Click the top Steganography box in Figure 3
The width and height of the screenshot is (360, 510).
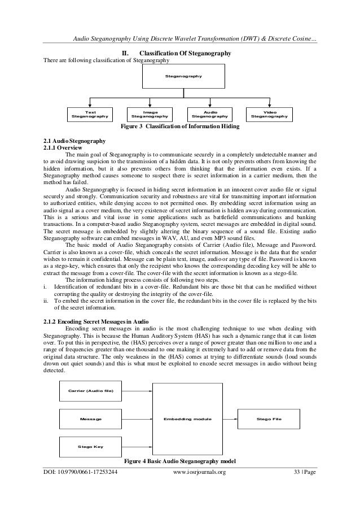[179, 76]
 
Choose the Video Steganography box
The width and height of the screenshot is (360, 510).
[270, 115]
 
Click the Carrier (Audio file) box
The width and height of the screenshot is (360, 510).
[90, 391]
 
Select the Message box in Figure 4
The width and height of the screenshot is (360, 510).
[90, 419]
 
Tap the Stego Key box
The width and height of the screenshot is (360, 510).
[90, 446]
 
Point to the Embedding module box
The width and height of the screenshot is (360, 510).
[187, 419]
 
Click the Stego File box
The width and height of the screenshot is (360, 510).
[269, 419]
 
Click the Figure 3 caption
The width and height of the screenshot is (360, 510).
[179, 127]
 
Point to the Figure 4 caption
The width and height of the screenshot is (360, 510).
[179, 461]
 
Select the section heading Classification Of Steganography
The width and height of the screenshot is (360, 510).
[179, 54]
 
